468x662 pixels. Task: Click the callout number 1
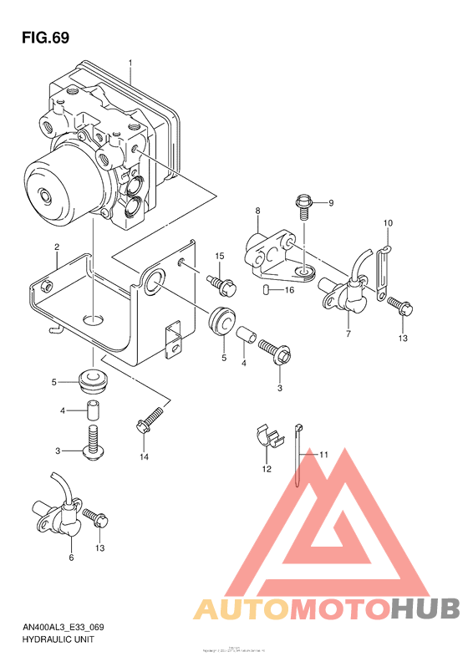(130, 63)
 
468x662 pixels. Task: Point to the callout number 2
(56, 247)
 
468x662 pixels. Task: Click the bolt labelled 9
(305, 203)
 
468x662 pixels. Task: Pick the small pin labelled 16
(266, 290)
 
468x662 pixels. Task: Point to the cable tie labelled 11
(299, 456)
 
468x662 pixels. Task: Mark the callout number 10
(388, 223)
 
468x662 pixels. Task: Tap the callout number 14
(144, 456)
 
